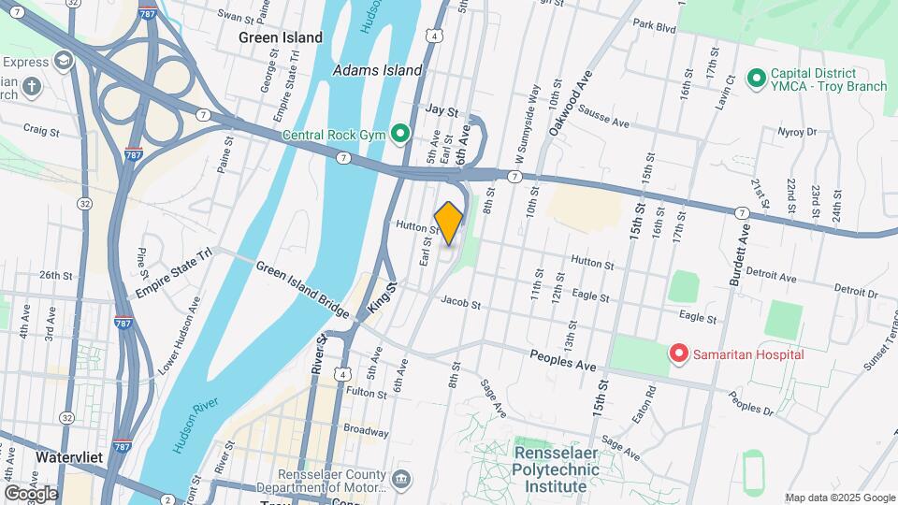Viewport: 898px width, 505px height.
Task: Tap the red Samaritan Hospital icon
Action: point(679,353)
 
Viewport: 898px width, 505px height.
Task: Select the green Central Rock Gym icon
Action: point(401,135)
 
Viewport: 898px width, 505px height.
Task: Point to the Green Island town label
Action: point(281,38)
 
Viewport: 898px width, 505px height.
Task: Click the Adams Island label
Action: point(378,70)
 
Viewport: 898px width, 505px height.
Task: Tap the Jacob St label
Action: point(460,304)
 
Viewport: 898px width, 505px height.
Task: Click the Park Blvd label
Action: point(653,27)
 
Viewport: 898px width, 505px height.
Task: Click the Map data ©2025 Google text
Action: point(838,498)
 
